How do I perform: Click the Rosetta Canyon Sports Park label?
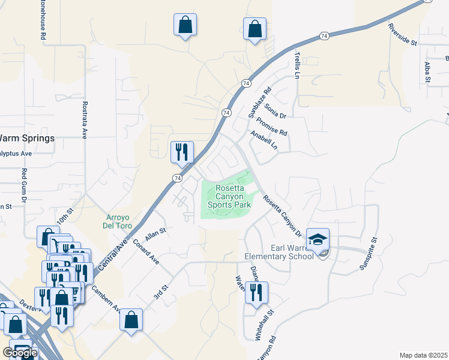click(229, 196)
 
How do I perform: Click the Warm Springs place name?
click(28, 138)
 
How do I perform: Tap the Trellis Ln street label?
click(297, 65)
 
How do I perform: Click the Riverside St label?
click(402, 34)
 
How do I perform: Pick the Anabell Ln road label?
click(265, 140)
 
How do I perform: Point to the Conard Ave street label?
click(146, 252)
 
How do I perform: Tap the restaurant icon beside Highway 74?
click(181, 152)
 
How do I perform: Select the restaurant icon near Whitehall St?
click(256, 293)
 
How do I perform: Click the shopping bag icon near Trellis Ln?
click(255, 28)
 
